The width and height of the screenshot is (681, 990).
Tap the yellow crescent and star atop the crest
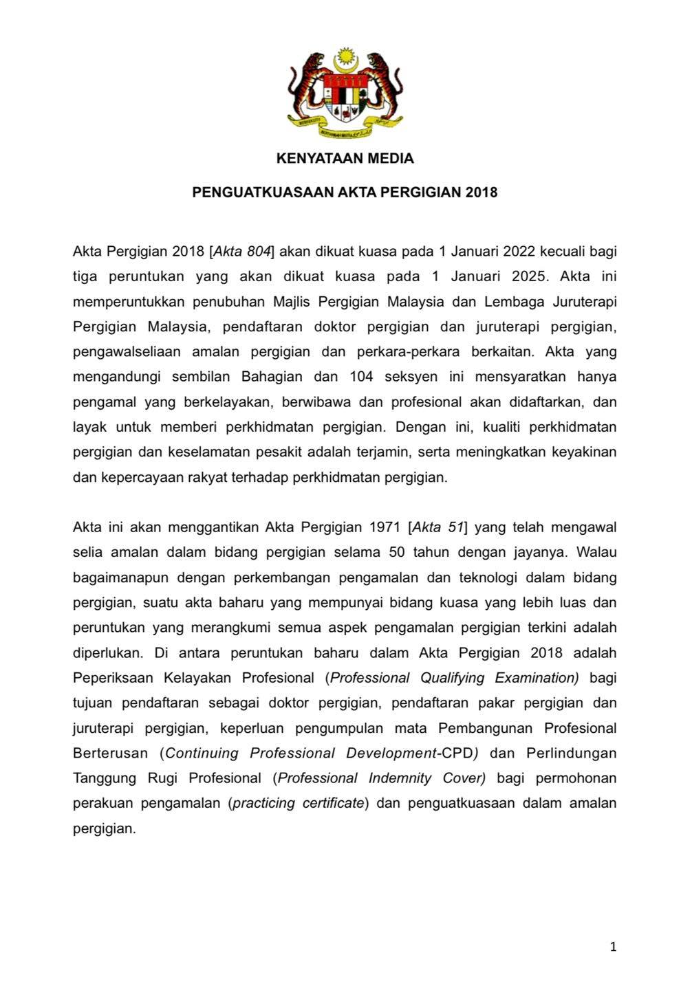pos(345,60)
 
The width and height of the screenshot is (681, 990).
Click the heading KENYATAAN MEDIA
pos(345,159)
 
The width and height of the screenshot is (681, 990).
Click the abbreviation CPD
pos(457,753)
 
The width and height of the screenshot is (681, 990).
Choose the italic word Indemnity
pos(400,778)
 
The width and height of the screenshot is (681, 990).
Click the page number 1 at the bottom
pos(613,947)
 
